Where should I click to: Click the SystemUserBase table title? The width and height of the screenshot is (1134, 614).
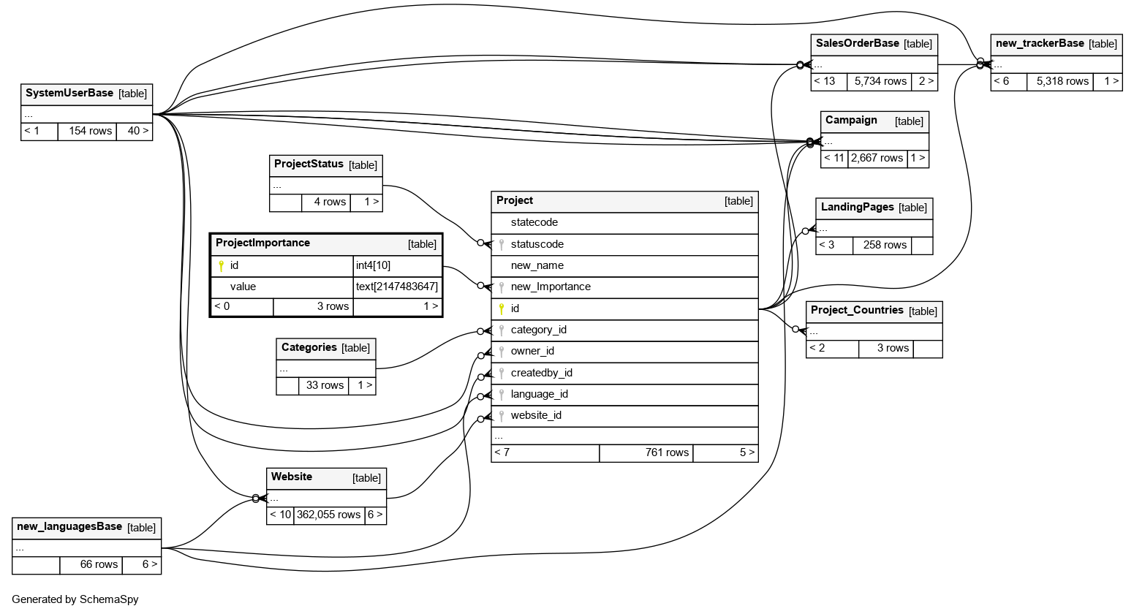tap(69, 94)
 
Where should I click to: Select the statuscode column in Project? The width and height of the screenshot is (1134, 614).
tap(537, 244)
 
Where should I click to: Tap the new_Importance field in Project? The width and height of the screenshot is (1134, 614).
tap(550, 287)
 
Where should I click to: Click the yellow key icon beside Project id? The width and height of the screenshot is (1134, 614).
tap(502, 309)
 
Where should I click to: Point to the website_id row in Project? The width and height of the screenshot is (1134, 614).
tap(536, 415)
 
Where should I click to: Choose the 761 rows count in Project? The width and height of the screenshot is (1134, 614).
tap(667, 452)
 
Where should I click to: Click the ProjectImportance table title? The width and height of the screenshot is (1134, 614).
tap(262, 243)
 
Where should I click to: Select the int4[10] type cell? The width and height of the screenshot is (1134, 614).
tap(373, 265)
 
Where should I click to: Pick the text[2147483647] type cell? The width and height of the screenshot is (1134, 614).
tap(397, 287)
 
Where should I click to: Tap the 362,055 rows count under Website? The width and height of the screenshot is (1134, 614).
tap(328, 515)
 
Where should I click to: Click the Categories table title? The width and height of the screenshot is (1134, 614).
tap(309, 347)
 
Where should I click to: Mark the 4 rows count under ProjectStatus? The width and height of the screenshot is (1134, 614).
tap(330, 202)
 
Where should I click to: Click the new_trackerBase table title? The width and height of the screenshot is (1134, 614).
tap(1040, 43)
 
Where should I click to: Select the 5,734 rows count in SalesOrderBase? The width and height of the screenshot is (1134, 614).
tap(880, 81)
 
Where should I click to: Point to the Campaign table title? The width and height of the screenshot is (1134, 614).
tap(851, 120)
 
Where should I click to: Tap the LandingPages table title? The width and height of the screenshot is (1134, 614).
tap(857, 207)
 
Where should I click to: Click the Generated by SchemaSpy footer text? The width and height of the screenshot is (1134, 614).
tap(75, 599)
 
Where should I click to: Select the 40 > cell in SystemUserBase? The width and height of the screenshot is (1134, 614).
tap(137, 131)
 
